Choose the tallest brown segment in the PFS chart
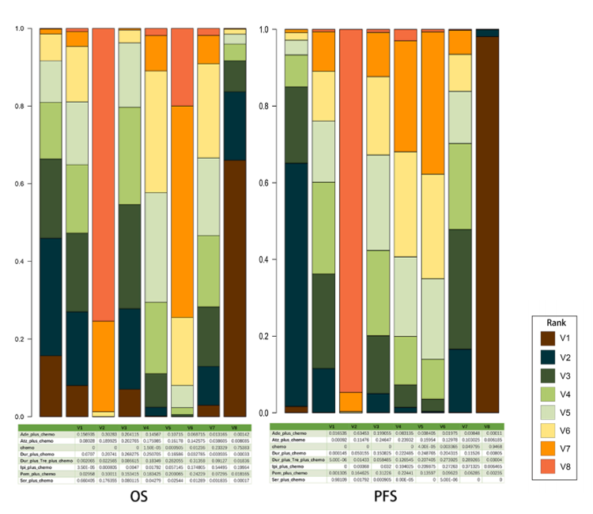pos(488,225)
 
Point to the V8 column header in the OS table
pos(236,427)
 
